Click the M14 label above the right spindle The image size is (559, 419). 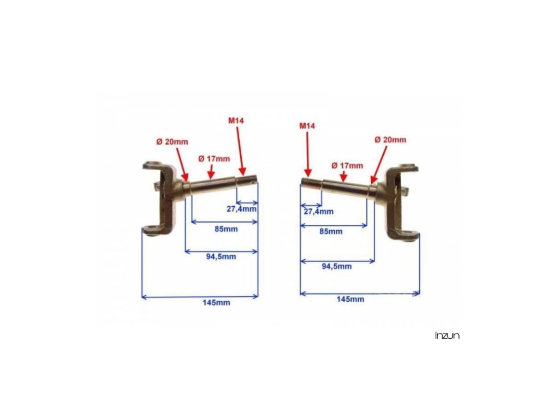click(x=308, y=125)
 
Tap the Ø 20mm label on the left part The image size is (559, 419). click(x=172, y=141)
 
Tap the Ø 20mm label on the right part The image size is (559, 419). click(x=390, y=140)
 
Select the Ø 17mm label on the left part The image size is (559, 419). click(x=215, y=158)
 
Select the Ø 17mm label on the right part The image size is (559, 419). click(x=347, y=165)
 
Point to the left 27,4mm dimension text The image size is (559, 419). click(x=241, y=208)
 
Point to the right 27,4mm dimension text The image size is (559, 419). click(x=317, y=211)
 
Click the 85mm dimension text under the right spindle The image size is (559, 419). click(x=331, y=231)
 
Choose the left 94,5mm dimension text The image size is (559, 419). click(x=221, y=256)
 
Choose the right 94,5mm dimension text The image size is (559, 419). click(x=337, y=266)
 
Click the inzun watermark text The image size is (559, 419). click(x=447, y=336)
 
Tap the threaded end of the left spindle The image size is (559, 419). click(x=247, y=181)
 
